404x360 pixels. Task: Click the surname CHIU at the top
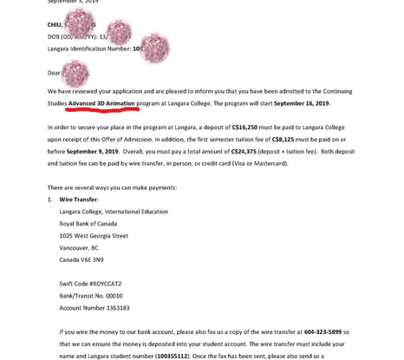(55, 25)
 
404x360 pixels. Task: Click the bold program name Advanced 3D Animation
(101, 103)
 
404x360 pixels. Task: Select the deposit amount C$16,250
(252, 127)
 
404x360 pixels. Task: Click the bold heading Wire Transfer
(79, 200)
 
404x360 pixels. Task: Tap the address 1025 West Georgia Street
(94, 236)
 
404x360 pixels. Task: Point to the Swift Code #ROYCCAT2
(91, 284)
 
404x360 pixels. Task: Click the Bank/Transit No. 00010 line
(91, 296)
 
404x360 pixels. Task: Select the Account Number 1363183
(94, 308)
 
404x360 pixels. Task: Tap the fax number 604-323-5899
(323, 332)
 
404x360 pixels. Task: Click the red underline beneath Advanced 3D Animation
(101, 110)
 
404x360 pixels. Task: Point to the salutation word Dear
(55, 73)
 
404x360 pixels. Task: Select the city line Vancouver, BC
(79, 248)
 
